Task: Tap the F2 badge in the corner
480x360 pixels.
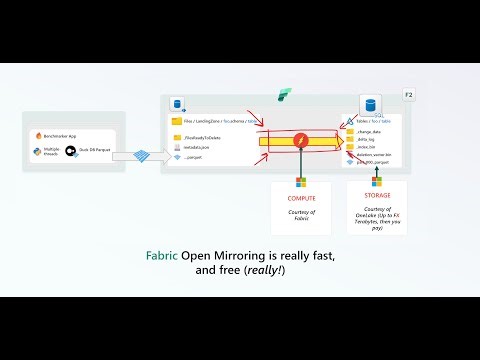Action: [x=408, y=94]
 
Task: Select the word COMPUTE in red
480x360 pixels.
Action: [x=300, y=198]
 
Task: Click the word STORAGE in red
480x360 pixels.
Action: [x=377, y=196]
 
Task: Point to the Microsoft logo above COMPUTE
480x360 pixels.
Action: [x=300, y=183]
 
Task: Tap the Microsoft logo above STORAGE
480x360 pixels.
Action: [x=377, y=182]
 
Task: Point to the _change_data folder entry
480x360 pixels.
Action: [x=369, y=131]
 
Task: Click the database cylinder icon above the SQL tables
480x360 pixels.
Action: [x=370, y=104]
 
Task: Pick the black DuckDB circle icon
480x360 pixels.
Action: [x=71, y=152]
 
